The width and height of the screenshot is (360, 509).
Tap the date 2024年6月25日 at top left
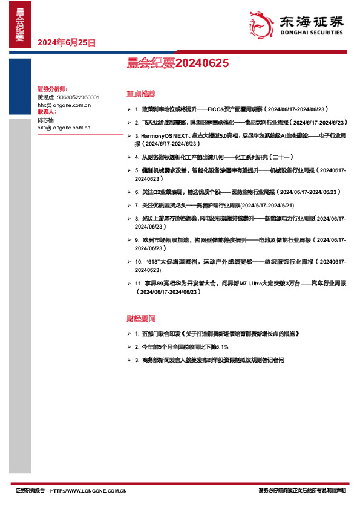point(66,42)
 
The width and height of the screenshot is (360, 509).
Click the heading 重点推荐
point(141,94)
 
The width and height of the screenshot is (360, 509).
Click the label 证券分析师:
point(51,89)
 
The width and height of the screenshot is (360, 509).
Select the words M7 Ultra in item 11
point(250,284)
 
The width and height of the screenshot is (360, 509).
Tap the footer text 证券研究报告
point(30,491)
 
